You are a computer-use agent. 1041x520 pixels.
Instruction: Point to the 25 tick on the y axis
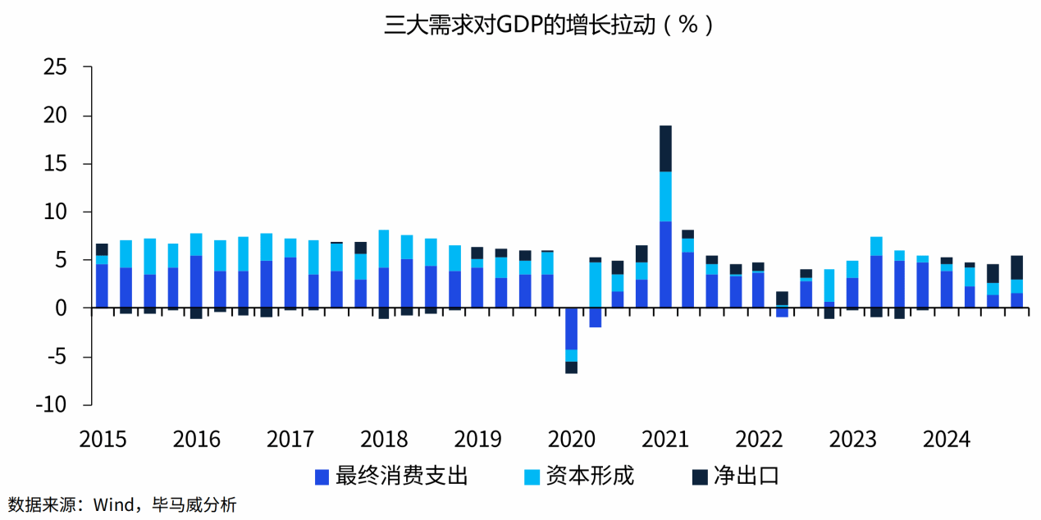(x=55, y=68)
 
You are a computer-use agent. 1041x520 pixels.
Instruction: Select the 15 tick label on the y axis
(x=55, y=164)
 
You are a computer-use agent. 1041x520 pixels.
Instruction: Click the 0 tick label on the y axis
(x=61, y=308)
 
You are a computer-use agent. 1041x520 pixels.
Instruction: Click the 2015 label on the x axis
(x=103, y=440)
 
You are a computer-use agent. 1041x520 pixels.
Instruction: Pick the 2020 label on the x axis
(x=572, y=440)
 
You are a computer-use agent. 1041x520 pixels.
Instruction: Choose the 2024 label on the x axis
(x=947, y=440)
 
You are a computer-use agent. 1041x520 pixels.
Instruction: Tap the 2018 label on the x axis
(x=384, y=440)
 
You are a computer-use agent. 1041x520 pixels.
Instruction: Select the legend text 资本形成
(x=590, y=477)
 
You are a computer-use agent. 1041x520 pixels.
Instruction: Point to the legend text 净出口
(x=745, y=477)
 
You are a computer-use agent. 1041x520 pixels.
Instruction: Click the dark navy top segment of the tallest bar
(x=665, y=148)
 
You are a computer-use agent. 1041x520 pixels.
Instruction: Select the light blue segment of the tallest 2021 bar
(x=665, y=196)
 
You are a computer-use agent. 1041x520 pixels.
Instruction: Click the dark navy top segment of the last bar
(x=1016, y=267)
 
